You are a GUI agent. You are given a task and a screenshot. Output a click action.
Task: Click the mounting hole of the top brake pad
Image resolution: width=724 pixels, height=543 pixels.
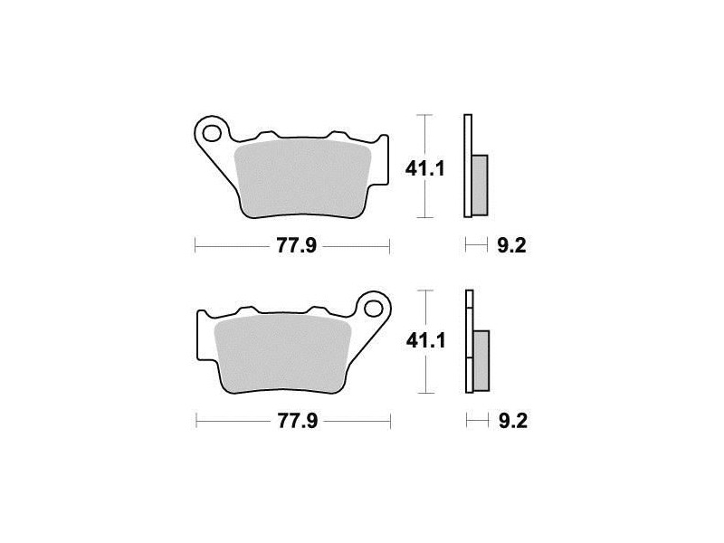(x=212, y=133)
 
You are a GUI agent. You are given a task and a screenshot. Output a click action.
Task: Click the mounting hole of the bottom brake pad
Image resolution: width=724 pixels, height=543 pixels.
(x=374, y=309)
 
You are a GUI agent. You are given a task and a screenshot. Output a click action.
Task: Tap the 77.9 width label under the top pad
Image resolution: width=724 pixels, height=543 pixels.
(x=297, y=245)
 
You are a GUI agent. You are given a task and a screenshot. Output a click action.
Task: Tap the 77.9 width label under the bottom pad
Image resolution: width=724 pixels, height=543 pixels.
(x=298, y=421)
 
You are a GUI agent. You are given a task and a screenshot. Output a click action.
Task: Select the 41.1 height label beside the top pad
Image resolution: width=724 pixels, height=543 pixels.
(x=424, y=169)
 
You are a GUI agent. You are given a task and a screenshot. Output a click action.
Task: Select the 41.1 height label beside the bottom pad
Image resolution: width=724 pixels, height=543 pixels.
(x=425, y=341)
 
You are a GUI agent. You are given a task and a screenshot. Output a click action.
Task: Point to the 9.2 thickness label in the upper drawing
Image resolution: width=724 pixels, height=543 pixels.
(x=511, y=245)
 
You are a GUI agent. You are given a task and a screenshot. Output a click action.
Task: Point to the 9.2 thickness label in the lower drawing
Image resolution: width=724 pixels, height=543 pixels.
(x=513, y=421)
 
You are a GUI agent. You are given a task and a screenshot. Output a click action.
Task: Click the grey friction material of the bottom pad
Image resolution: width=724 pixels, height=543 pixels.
(x=283, y=353)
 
